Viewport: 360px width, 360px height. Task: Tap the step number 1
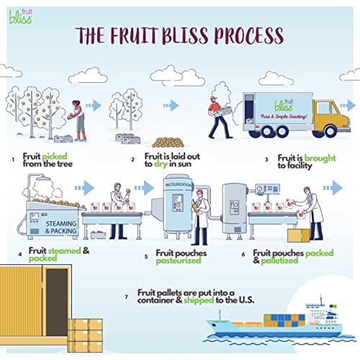click(x=13, y=158)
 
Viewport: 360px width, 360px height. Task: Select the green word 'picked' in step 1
click(x=54, y=156)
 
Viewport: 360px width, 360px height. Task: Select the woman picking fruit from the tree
click(x=79, y=115)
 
